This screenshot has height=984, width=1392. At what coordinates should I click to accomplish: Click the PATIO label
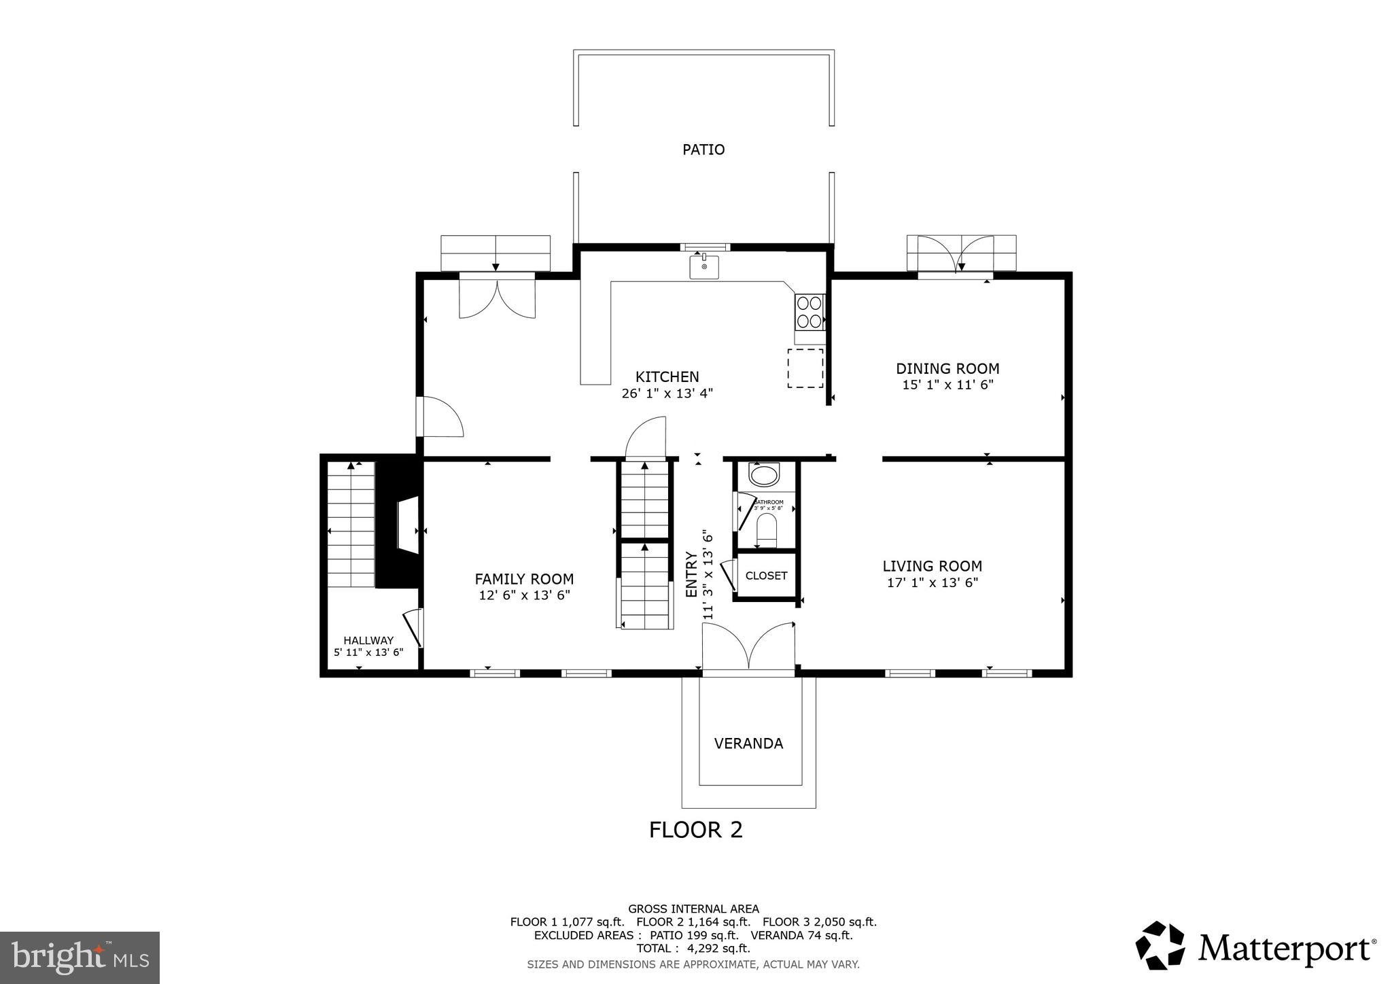pyautogui.click(x=703, y=150)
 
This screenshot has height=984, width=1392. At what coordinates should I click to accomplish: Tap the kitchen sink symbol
pyautogui.click(x=704, y=266)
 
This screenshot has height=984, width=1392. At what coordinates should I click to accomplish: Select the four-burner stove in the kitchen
pyautogui.click(x=810, y=312)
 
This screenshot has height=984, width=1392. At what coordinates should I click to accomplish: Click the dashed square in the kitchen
pyautogui.click(x=805, y=368)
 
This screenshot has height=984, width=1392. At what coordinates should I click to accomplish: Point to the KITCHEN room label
pyautogui.click(x=667, y=376)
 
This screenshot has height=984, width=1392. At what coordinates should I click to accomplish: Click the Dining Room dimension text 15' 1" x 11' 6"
pyautogui.click(x=947, y=385)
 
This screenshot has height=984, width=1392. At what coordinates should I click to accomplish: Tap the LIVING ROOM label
pyautogui.click(x=932, y=566)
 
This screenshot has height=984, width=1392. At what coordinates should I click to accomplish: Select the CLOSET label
pyautogui.click(x=766, y=576)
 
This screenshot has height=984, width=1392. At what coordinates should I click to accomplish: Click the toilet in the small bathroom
pyautogui.click(x=767, y=531)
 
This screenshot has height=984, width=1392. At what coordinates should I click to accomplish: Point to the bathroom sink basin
pyautogui.click(x=764, y=474)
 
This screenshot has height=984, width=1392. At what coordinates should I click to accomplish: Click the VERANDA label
pyautogui.click(x=748, y=743)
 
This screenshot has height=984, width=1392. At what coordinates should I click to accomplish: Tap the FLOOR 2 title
pyautogui.click(x=695, y=830)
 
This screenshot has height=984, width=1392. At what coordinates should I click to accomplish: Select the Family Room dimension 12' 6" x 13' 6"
pyautogui.click(x=524, y=595)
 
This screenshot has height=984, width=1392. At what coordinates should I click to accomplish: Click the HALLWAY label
pyautogui.click(x=368, y=640)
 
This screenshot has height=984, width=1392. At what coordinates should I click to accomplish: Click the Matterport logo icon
pyautogui.click(x=1160, y=945)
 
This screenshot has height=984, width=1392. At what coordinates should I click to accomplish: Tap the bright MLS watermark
pyautogui.click(x=80, y=958)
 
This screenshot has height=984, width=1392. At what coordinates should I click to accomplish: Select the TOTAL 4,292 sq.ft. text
pyautogui.click(x=693, y=948)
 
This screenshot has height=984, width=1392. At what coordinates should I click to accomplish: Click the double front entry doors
pyautogui.click(x=748, y=649)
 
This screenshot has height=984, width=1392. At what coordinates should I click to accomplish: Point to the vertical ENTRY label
pyautogui.click(x=691, y=575)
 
